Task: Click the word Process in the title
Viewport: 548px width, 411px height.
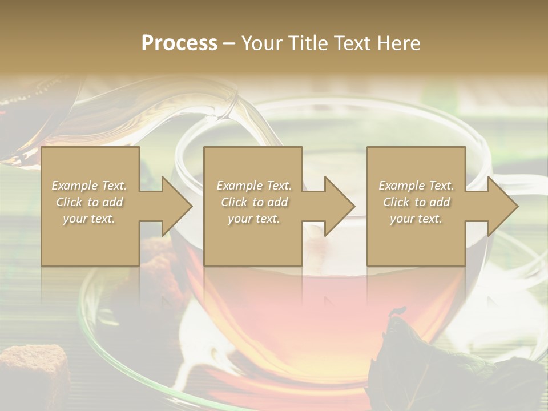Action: click(179, 43)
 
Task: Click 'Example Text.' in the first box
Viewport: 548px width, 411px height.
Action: click(89, 186)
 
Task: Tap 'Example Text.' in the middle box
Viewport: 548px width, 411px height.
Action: click(253, 186)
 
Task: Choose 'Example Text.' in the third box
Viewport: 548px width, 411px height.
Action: click(416, 186)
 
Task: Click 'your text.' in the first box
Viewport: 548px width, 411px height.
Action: click(89, 219)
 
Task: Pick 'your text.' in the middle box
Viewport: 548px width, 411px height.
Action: click(253, 219)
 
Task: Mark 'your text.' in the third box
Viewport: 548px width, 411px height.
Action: click(416, 219)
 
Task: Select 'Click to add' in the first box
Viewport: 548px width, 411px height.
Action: click(89, 202)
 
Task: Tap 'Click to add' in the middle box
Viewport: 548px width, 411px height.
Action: click(253, 202)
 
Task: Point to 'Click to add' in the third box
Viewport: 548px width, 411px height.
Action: click(416, 202)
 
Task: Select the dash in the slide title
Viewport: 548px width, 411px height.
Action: click(229, 43)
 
